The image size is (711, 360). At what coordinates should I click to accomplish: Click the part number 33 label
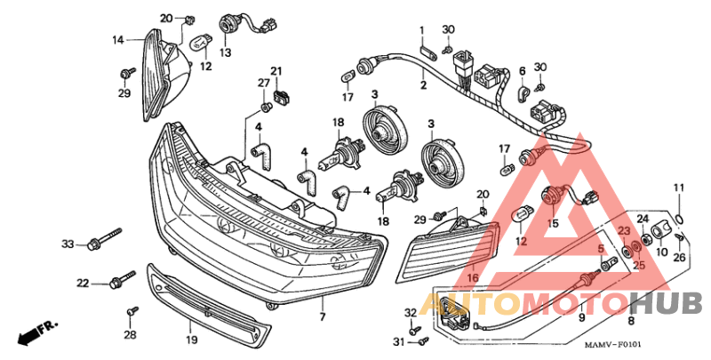67,244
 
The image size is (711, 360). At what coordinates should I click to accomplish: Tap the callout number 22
82,284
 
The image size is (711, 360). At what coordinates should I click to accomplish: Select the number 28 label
130,334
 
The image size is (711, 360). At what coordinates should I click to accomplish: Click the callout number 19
191,340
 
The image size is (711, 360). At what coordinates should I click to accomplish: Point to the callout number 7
323,316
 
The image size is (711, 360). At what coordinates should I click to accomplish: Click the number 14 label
117,40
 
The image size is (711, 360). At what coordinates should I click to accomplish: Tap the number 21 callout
276,71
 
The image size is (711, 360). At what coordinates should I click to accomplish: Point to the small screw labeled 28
134,310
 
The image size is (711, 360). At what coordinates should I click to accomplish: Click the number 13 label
225,53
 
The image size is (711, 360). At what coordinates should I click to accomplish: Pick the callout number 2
423,85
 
